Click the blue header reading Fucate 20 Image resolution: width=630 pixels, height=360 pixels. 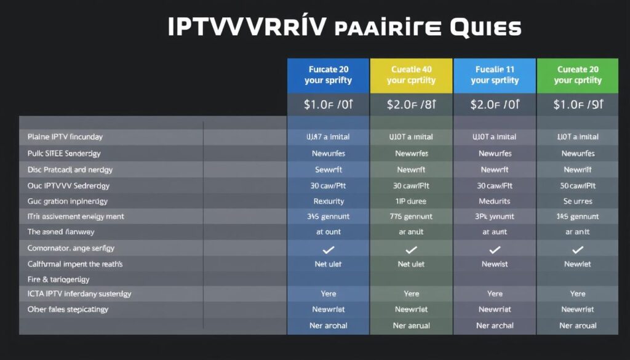click(x=328, y=75)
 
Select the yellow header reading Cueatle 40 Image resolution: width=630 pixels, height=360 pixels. click(x=411, y=75)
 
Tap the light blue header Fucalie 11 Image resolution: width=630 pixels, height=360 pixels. click(x=494, y=75)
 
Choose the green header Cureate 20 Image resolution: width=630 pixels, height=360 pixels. click(x=577, y=75)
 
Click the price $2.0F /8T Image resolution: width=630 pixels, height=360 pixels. click(x=411, y=105)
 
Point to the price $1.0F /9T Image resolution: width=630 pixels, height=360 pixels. click(x=577, y=105)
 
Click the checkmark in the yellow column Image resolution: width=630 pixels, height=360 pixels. click(x=411, y=249)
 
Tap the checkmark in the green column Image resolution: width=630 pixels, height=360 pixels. click(x=577, y=249)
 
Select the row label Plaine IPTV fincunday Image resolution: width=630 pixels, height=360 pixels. click(x=65, y=137)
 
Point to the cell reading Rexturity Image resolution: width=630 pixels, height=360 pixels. click(x=329, y=201)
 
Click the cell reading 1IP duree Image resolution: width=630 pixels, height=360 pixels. click(x=411, y=201)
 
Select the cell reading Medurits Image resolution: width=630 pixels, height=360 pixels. click(x=494, y=201)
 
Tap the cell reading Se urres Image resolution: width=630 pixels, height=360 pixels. click(x=577, y=201)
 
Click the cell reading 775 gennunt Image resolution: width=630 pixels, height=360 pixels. click(x=411, y=217)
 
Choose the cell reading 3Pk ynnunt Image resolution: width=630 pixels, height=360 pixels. click(x=494, y=217)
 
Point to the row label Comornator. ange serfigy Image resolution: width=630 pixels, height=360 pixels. click(x=71, y=248)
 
